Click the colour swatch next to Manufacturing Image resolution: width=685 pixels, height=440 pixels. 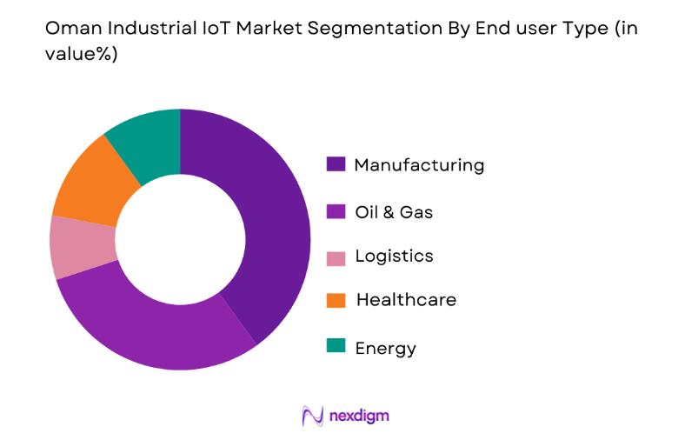[336, 164]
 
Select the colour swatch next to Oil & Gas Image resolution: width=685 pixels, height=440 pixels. [336, 210]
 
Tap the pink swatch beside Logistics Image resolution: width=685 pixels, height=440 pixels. [336, 257]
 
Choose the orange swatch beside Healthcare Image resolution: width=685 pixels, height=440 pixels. [336, 300]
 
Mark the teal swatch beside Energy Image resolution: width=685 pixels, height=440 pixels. [336, 346]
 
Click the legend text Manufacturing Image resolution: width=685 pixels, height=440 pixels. [419, 165]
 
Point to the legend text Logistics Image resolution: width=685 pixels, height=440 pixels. [394, 257]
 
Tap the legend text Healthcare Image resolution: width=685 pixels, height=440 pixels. [406, 300]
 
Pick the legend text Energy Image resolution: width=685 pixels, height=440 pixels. [386, 349]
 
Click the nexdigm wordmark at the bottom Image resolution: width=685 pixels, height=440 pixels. [359, 416]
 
